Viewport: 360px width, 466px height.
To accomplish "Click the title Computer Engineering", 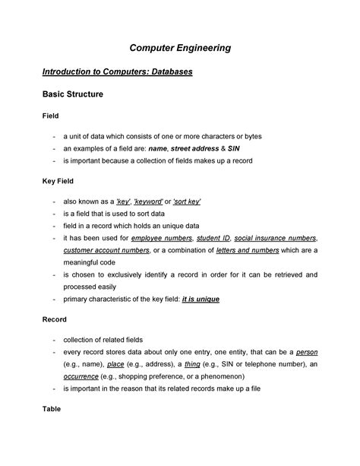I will click(179, 48).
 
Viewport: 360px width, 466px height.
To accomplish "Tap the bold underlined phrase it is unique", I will click(201, 300).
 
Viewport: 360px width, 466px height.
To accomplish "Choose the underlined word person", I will click(306, 353).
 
